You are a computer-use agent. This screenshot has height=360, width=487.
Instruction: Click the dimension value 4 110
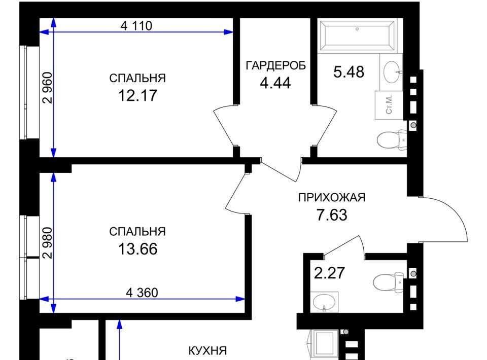click(136, 26)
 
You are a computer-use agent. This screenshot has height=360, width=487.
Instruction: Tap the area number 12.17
click(137, 95)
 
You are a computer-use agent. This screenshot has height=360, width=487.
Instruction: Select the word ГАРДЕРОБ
click(276, 65)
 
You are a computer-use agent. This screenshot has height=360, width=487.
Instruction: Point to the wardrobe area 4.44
click(275, 83)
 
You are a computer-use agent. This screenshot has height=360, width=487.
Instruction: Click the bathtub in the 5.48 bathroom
click(357, 35)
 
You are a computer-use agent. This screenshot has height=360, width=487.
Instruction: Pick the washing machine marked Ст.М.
click(389, 105)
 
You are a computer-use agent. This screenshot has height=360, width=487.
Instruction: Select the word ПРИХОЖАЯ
click(332, 197)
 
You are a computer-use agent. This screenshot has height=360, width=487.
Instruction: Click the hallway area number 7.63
click(332, 215)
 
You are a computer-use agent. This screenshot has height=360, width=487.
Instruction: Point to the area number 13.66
click(137, 249)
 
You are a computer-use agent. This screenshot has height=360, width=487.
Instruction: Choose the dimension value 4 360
click(142, 293)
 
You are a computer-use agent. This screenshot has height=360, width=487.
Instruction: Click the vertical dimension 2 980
click(48, 243)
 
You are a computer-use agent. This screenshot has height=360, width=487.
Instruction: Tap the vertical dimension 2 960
click(48, 88)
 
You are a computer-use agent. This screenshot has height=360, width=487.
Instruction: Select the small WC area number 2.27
click(329, 273)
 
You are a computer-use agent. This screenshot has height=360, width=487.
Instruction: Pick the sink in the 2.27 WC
click(324, 302)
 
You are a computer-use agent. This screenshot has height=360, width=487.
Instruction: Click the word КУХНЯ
click(207, 351)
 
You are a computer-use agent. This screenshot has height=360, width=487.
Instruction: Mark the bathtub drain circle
click(357, 29)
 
